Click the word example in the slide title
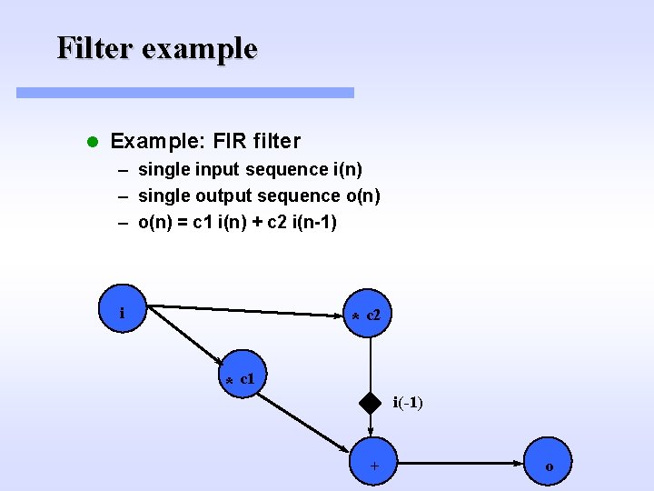[x=201, y=49]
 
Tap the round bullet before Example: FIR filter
[x=91, y=142]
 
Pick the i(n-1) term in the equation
[x=313, y=222]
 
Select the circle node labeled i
[x=122, y=312]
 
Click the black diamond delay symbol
[x=370, y=402]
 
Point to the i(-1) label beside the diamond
[x=407, y=402]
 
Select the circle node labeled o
[x=548, y=466]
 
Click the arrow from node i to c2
[x=245, y=310]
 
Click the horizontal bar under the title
[x=185, y=93]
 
